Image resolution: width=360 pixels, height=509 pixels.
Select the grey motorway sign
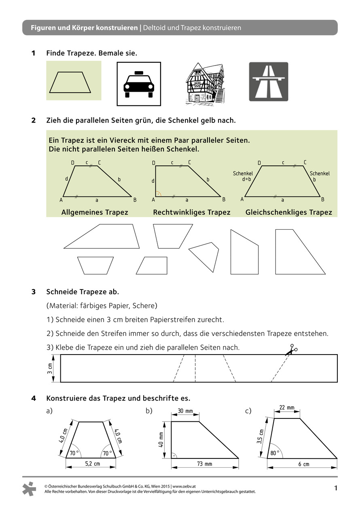269,81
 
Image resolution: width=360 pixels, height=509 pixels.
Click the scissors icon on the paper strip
290,350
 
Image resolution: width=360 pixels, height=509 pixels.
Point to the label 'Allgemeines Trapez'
95,212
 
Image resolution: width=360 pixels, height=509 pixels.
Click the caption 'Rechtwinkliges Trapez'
192,212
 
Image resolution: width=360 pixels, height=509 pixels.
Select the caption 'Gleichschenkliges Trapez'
289,212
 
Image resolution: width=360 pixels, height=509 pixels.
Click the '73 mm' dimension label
205,464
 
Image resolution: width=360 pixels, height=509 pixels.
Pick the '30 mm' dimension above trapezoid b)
185,411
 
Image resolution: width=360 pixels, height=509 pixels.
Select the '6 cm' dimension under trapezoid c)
304,464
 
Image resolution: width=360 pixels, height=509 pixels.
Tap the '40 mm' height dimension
161,440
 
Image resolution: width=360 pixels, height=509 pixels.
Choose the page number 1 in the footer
336,488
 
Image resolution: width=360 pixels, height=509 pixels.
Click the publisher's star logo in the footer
30,489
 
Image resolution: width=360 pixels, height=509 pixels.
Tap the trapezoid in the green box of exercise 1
73,83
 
